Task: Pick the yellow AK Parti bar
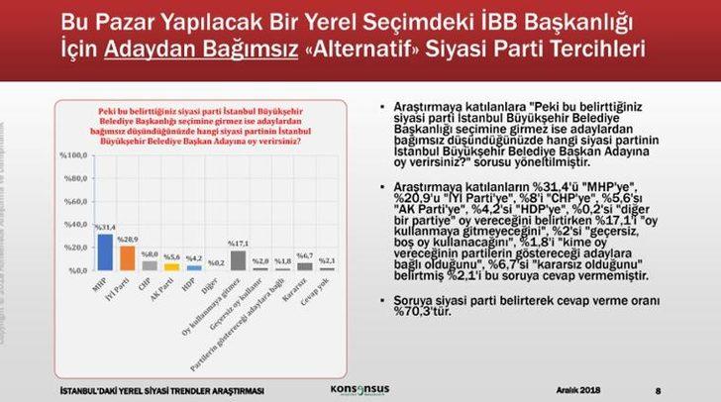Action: coord(170,266)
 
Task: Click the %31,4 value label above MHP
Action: coord(105,228)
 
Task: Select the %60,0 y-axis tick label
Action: coord(77,201)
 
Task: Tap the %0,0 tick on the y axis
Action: coord(79,270)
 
